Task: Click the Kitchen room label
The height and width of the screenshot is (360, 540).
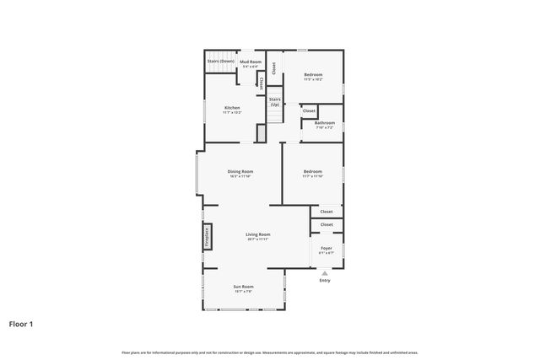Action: pos(232,107)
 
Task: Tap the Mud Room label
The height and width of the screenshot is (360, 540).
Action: pos(251,62)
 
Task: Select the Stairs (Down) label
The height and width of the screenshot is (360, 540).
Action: pos(221,61)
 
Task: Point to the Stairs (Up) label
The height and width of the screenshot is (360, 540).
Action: pos(275,101)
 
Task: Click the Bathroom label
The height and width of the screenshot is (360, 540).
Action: pos(325,123)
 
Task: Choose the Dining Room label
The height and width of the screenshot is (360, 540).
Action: pos(240,171)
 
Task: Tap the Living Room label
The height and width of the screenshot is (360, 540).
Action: pos(257,234)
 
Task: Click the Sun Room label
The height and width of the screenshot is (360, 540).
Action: pos(243,287)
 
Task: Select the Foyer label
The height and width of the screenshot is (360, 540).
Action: pos(326,248)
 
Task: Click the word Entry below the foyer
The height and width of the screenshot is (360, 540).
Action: pos(325,280)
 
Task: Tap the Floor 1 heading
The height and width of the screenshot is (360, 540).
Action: pos(25,323)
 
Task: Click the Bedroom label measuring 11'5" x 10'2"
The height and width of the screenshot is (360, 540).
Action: pos(313,75)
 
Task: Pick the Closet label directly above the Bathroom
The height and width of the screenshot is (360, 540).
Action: pos(309,110)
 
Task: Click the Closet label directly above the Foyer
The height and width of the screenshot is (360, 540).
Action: pos(326,224)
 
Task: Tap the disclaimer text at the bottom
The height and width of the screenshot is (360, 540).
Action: pos(270,352)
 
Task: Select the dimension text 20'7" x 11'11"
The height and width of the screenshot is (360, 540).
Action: pos(257,239)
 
